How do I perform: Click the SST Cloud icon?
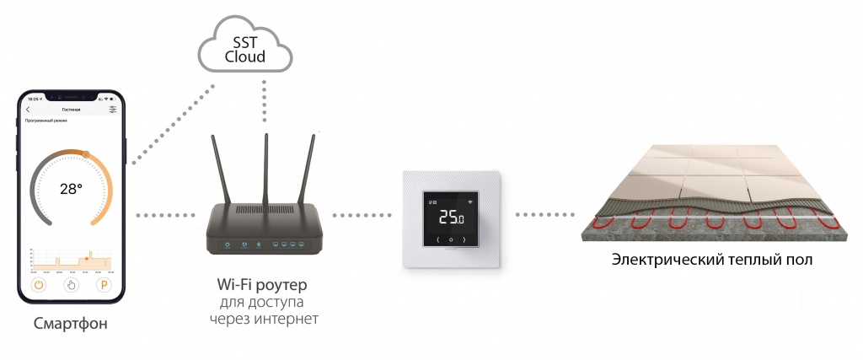(x=247, y=50)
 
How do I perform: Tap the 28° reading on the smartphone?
(x=71, y=189)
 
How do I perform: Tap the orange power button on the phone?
(x=38, y=285)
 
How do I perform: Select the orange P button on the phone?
(x=105, y=285)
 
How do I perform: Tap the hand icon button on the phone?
(x=72, y=285)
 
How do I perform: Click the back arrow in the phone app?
(x=28, y=110)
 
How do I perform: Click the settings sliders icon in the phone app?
(x=113, y=110)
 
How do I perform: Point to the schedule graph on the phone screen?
(x=71, y=260)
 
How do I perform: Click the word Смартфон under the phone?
(x=71, y=324)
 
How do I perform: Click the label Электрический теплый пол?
(x=712, y=259)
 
